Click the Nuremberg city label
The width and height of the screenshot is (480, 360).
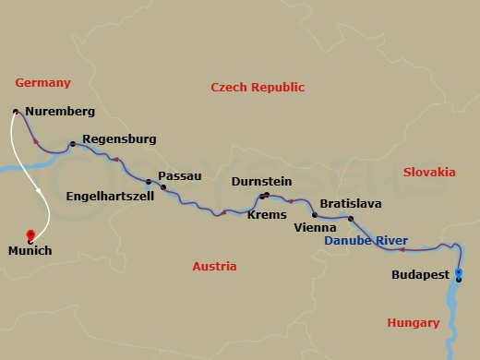click(x=60, y=113)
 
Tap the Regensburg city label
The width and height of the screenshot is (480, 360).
click(x=119, y=139)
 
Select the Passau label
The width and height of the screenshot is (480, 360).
click(x=179, y=174)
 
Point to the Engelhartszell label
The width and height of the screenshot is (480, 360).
click(x=104, y=196)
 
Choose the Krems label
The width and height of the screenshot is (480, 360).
click(x=266, y=213)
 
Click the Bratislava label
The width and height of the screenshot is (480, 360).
click(x=351, y=203)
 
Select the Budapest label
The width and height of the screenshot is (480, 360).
click(x=420, y=275)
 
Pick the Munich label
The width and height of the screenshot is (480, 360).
click(x=30, y=250)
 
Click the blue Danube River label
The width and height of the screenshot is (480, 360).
click(x=366, y=240)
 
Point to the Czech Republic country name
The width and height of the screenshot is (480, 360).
click(x=258, y=88)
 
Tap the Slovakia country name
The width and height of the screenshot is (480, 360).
click(x=429, y=172)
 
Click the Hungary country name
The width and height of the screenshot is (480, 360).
click(x=413, y=322)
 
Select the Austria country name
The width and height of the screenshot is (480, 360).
click(x=214, y=267)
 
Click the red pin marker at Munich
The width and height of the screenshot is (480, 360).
click(x=30, y=234)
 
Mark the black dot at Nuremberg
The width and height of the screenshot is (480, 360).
click(x=16, y=112)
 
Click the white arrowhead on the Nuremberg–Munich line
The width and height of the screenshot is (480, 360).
click(x=38, y=191)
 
